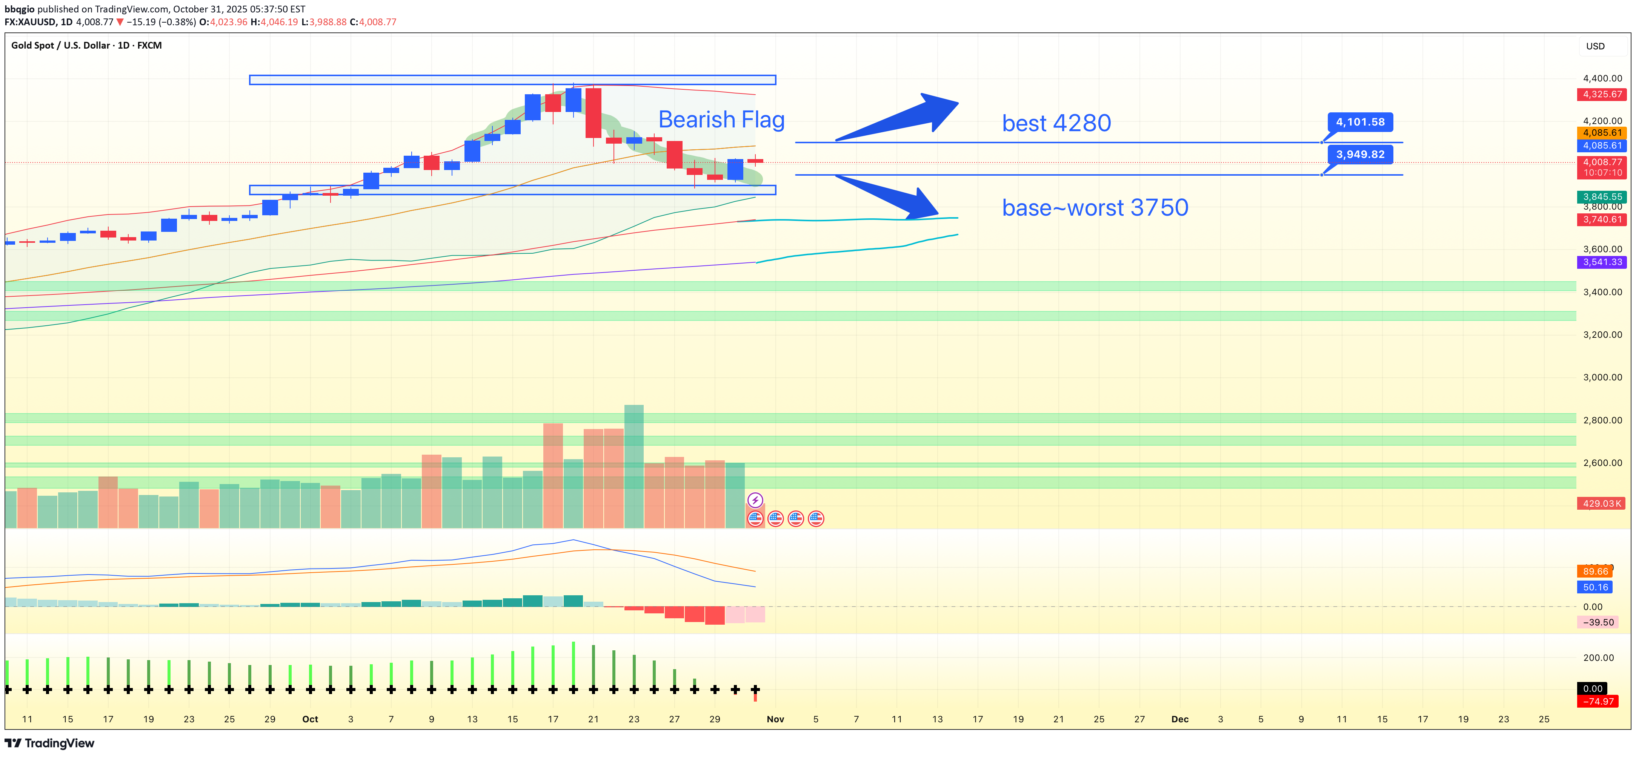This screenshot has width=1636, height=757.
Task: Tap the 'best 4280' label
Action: pos(1056,123)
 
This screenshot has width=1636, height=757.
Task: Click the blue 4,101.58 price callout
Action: pos(1360,122)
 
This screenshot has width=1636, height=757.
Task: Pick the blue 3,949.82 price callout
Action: pos(1360,154)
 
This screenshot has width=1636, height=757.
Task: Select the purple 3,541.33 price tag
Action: pos(1601,262)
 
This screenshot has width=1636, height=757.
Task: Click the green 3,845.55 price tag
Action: pos(1601,197)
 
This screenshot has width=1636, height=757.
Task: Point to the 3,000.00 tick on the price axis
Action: pos(1602,377)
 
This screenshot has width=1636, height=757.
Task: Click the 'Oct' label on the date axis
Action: pos(310,719)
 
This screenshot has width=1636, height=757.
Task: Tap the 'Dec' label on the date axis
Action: pos(1179,719)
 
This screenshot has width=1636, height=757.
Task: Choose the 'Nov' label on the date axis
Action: pos(775,719)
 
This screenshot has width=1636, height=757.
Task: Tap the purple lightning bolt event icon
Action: pos(755,500)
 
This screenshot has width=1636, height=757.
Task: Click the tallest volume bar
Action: pos(634,466)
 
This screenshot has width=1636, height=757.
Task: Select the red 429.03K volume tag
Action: pos(1601,504)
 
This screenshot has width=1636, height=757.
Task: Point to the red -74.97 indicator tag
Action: pos(1597,701)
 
